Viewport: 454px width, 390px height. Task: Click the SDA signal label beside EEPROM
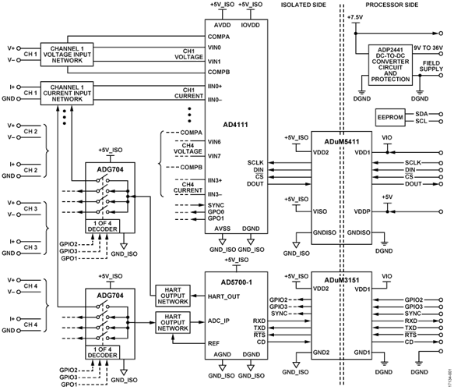point(421,114)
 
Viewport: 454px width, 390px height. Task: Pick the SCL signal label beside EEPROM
point(421,121)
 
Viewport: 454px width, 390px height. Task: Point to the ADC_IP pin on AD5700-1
point(218,321)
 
